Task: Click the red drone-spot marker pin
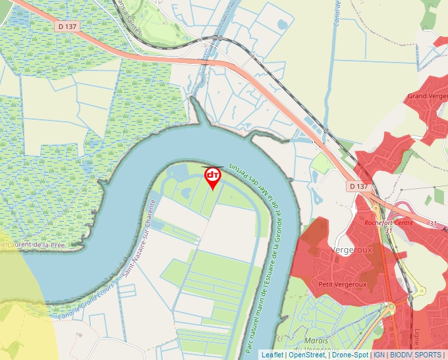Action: coord(213,177)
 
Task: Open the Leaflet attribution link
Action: coord(273,355)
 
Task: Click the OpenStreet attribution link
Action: coord(307,355)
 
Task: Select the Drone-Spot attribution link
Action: coord(350,355)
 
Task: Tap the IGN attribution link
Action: coord(379,355)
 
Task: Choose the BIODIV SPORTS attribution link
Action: coord(415,355)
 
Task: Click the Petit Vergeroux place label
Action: coord(342,284)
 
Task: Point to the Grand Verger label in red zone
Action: coord(427,96)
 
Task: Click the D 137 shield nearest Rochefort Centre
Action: coord(358,186)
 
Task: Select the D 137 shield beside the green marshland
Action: coord(67,26)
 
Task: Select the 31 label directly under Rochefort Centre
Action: coord(389,230)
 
